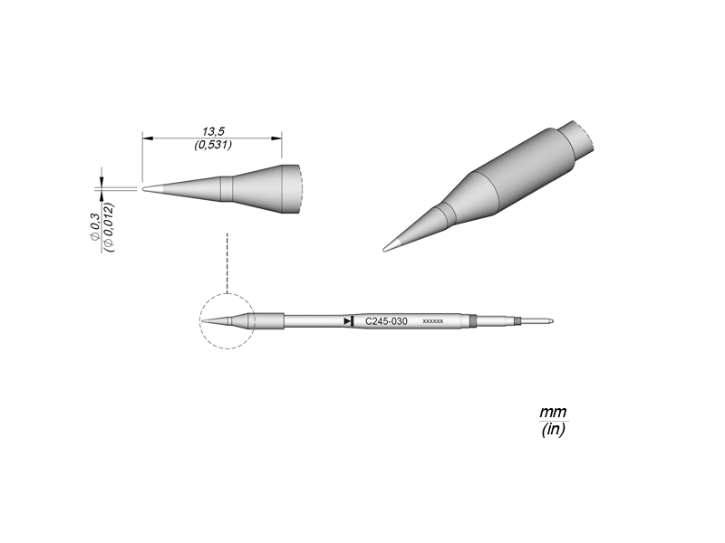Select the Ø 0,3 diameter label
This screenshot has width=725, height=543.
click(95, 222)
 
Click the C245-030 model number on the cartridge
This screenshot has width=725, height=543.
click(386, 321)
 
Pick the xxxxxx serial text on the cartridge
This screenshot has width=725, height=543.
click(433, 322)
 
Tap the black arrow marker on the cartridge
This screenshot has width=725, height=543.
click(349, 321)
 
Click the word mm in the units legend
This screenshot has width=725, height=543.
click(553, 413)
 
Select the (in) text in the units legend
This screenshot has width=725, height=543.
click(553, 431)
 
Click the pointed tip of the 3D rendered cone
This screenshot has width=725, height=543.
click(388, 248)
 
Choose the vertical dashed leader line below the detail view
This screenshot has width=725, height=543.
click(226, 262)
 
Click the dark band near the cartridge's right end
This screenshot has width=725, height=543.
click(473, 320)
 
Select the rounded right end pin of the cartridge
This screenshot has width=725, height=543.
click(550, 320)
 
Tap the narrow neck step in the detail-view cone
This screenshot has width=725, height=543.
click(228, 188)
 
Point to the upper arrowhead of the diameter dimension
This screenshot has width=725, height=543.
click(102, 180)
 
